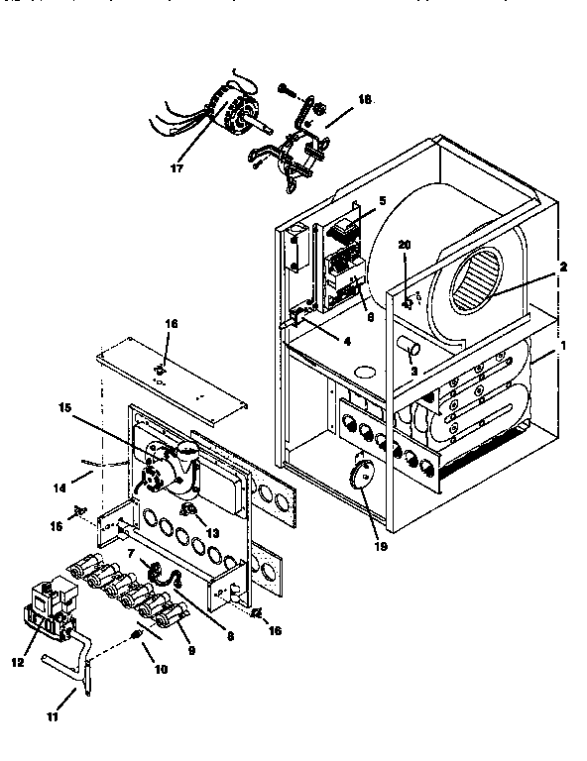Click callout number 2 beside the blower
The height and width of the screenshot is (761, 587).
pyautogui.click(x=562, y=267)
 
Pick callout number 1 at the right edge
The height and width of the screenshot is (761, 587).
pyautogui.click(x=564, y=346)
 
